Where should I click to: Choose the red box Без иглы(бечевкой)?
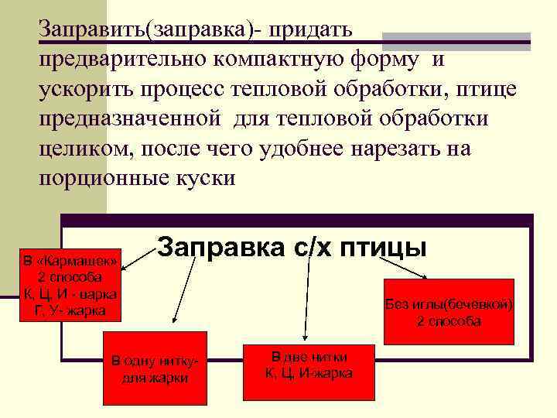(x=449, y=310)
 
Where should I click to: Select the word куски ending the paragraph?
(x=206, y=178)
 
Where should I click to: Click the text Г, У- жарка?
(x=70, y=311)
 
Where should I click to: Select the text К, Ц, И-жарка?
(x=309, y=373)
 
